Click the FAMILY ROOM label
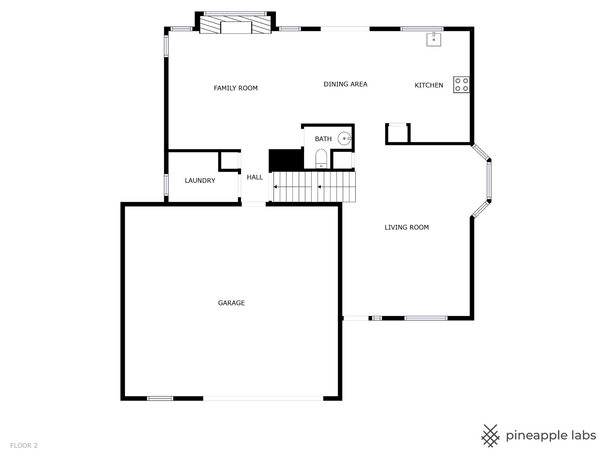tap(236, 88)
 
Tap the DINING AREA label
tap(346, 84)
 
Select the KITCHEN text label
tap(429, 85)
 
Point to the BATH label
tap(323, 139)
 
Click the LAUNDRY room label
tap(200, 180)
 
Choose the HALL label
tap(255, 177)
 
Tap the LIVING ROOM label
tap(406, 227)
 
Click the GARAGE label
tap(231, 303)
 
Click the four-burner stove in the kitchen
tap(461, 84)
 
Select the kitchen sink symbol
tap(434, 39)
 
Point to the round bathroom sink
tap(344, 139)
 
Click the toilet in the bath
tap(321, 159)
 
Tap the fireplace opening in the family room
tap(236, 28)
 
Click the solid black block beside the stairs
tap(286, 160)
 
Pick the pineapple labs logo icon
tap(490, 436)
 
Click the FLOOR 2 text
tap(24, 445)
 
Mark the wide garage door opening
tap(263, 398)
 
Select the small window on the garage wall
tap(160, 398)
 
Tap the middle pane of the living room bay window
tap(489, 180)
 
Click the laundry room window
tap(166, 185)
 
